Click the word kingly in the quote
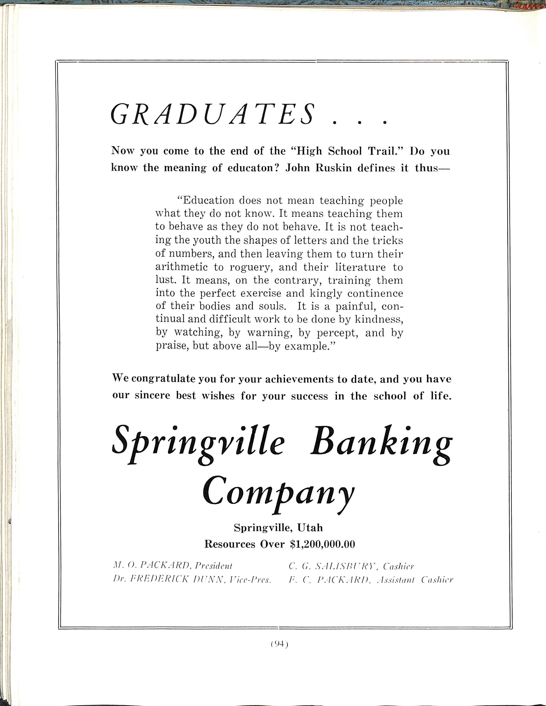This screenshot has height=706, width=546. (324, 294)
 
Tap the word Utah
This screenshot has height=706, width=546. (310, 528)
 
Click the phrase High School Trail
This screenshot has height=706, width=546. (347, 151)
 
